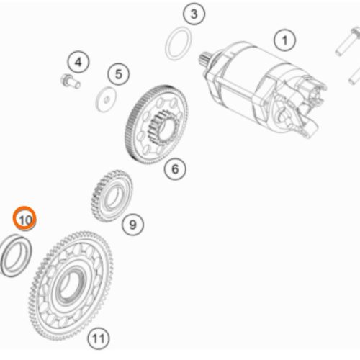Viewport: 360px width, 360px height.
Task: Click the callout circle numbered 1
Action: [284, 40]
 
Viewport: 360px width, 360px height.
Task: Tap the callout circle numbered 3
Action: [194, 14]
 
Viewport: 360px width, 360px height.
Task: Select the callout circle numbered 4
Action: [78, 63]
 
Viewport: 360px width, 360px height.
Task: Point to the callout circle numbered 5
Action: [118, 74]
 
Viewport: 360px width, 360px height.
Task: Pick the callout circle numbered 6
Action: [175, 168]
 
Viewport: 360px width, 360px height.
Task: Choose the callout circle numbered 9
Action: [132, 225]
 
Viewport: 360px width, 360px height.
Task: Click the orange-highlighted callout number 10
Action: [24, 219]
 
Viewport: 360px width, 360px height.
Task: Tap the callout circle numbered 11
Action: [99, 338]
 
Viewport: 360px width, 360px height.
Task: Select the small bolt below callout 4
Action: [70, 81]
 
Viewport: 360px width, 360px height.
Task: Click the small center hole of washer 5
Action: [107, 99]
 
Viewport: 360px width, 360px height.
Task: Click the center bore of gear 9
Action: [114, 197]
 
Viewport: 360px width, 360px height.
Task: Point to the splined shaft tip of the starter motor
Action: [204, 58]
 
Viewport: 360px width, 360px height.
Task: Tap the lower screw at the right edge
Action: [354, 76]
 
